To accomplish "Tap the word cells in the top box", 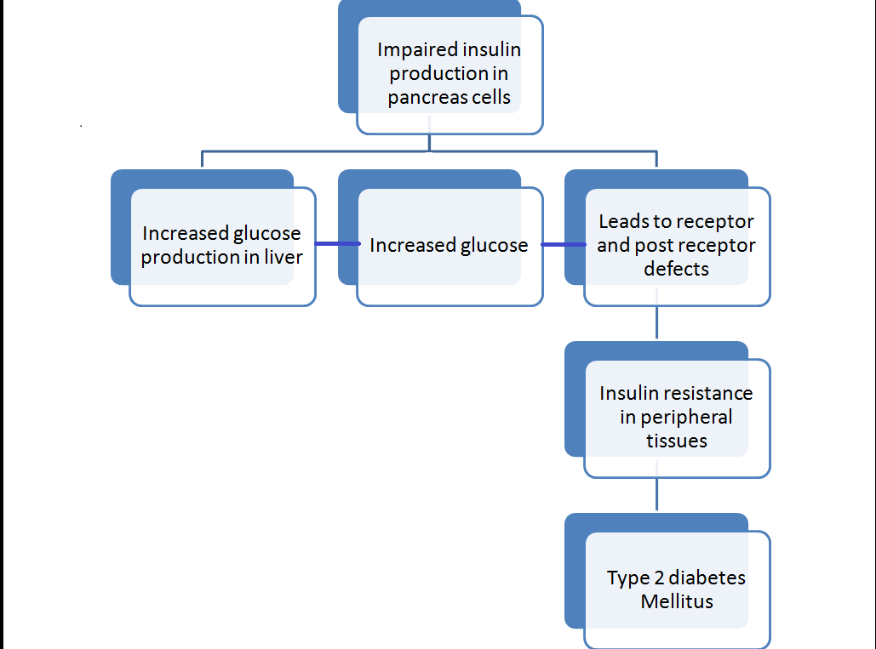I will pyautogui.click(x=491, y=97).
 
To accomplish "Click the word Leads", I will pyautogui.click(x=625, y=222).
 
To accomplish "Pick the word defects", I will pyautogui.click(x=676, y=269).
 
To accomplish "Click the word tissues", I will pyautogui.click(x=676, y=441).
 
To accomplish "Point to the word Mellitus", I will pyautogui.click(x=677, y=601).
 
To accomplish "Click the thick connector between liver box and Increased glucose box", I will pyautogui.click(x=336, y=244).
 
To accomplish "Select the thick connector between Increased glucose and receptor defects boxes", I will pyautogui.click(x=564, y=245).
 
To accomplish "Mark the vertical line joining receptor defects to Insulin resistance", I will pyautogui.click(x=656, y=324).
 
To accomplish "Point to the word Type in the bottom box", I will pyautogui.click(x=627, y=578).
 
